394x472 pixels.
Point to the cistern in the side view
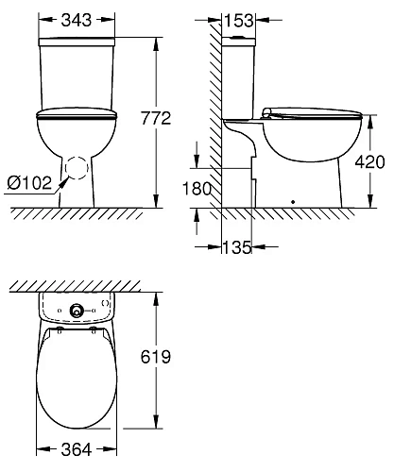(x=242, y=80)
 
